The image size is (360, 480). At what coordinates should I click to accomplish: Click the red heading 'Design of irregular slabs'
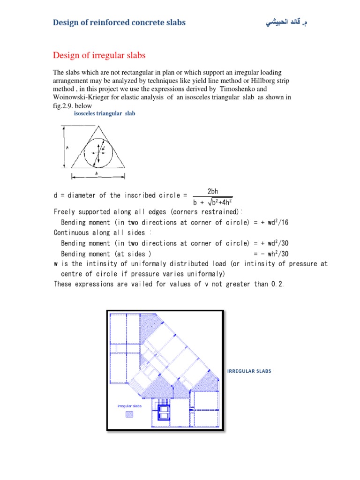99,56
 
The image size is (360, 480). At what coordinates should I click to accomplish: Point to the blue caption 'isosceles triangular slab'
105,113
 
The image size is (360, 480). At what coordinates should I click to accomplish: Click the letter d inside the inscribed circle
103,148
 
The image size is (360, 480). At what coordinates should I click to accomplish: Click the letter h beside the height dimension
67,147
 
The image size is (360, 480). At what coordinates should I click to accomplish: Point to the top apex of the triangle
98,126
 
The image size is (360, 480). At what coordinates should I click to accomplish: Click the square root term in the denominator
220,202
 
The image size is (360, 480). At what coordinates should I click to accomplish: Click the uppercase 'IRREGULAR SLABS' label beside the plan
249,371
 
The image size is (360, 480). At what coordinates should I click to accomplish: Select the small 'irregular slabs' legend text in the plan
129,406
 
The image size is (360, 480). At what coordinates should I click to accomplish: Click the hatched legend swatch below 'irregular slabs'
129,414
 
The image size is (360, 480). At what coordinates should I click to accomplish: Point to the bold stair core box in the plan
165,412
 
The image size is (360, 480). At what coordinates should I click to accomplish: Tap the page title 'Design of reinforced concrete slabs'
119,22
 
